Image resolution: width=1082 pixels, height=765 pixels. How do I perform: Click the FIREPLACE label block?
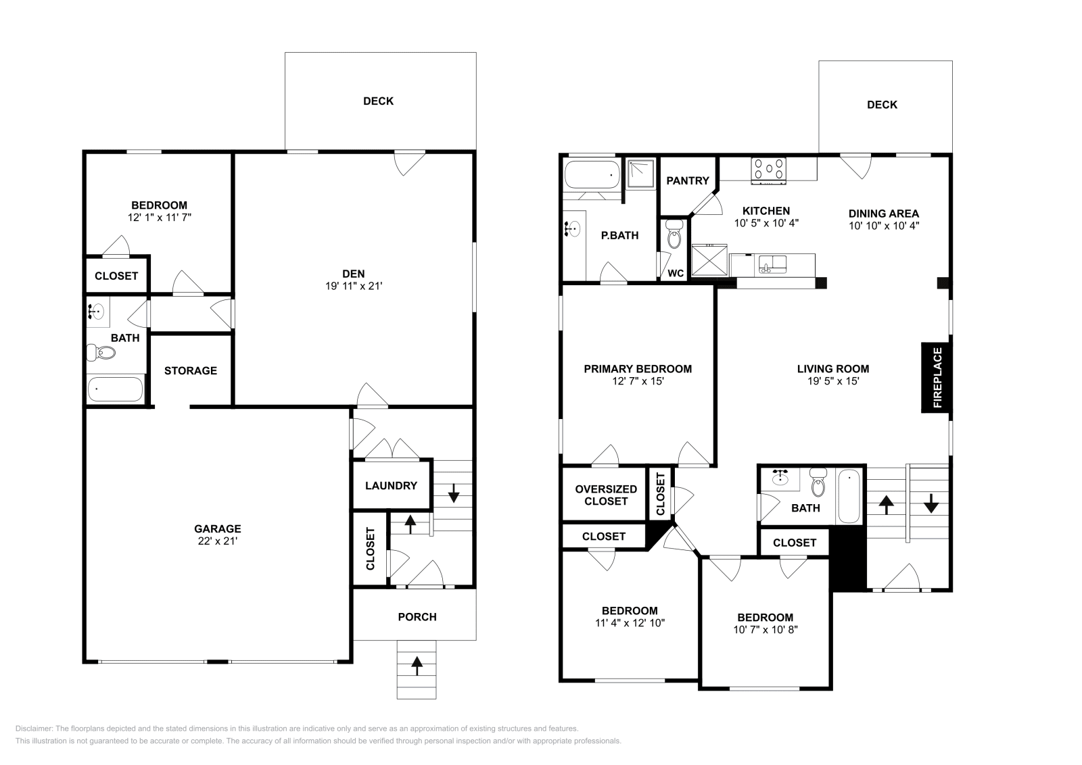[937, 378]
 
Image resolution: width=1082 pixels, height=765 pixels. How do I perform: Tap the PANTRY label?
[687, 180]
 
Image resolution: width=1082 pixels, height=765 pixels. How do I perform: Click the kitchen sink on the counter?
[772, 263]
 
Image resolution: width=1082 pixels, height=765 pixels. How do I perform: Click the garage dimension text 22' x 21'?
[217, 541]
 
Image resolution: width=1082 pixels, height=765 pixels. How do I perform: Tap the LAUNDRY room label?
[391, 485]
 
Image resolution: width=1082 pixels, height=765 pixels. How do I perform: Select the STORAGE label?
[191, 370]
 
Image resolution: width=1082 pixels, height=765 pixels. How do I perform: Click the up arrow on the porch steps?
[417, 666]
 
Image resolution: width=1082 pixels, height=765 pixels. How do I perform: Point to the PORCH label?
[417, 616]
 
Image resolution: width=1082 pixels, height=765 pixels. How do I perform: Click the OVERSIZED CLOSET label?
[606, 495]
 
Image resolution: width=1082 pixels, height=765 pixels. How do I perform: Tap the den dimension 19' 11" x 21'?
[354, 286]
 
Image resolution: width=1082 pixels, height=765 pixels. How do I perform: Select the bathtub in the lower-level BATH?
[116, 389]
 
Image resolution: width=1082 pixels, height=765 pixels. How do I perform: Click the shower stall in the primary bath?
[640, 173]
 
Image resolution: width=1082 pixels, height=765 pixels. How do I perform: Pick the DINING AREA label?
[883, 214]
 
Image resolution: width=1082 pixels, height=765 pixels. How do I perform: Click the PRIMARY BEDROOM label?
[638, 369]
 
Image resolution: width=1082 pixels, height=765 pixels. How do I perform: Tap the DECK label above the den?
[378, 101]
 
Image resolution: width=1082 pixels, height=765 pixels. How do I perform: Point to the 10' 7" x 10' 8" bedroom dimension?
[765, 630]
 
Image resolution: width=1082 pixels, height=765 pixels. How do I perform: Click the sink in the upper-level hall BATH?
[782, 477]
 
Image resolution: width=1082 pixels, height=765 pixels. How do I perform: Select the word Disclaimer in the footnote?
[32, 729]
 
